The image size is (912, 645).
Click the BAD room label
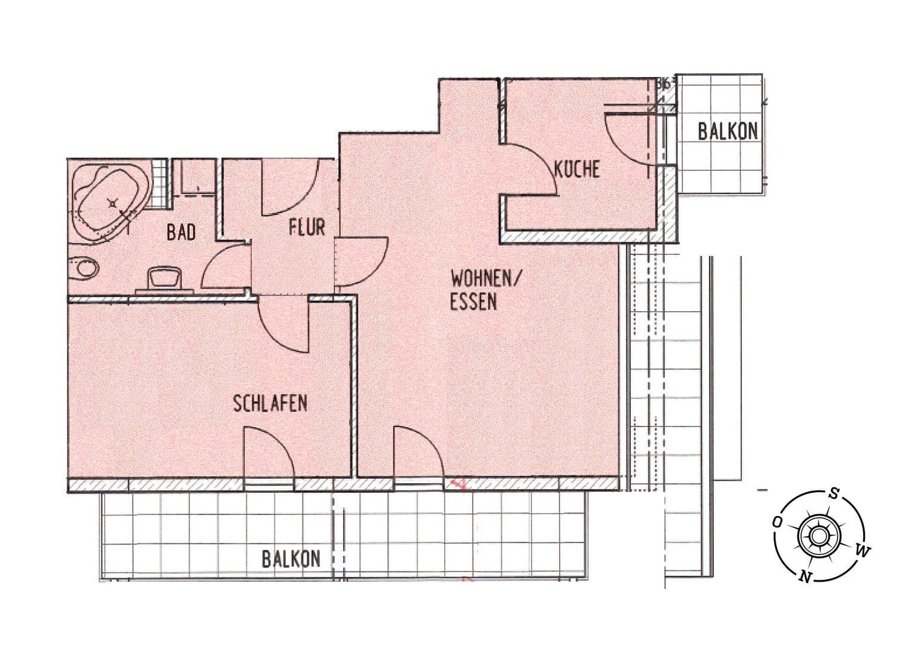coord(181,232)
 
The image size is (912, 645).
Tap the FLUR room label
coord(307,228)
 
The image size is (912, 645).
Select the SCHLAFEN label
coord(270,403)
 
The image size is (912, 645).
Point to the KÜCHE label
coord(577,169)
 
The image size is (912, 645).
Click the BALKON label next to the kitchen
coord(728,131)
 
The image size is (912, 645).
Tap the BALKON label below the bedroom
coord(291,558)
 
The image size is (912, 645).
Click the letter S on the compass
coord(834,494)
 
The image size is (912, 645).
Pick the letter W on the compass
coord(863,550)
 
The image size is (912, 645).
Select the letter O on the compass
coord(777,521)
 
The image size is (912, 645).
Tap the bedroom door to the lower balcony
coord(269,453)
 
